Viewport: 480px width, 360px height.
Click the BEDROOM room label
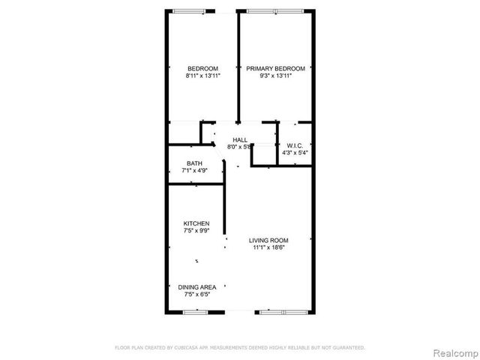tap(202, 68)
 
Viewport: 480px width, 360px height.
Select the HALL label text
tap(240, 139)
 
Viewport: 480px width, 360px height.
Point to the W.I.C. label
tap(295, 145)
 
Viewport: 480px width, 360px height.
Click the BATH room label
tap(194, 163)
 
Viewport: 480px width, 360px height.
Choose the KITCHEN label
tap(196, 223)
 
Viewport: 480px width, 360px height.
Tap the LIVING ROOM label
tap(269, 240)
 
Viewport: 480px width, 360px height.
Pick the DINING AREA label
tap(197, 287)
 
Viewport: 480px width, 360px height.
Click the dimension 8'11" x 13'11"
tap(202, 76)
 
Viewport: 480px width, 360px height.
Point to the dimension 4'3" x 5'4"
tap(295, 153)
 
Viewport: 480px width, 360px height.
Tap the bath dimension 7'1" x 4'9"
tap(194, 171)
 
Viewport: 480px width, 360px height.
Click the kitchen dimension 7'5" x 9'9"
tap(196, 231)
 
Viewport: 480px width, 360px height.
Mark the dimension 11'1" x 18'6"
tap(269, 247)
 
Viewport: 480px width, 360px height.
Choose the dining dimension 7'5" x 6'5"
tap(197, 295)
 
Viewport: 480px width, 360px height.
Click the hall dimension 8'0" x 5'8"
tap(240, 147)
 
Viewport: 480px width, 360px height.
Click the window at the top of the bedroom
tap(187, 11)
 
